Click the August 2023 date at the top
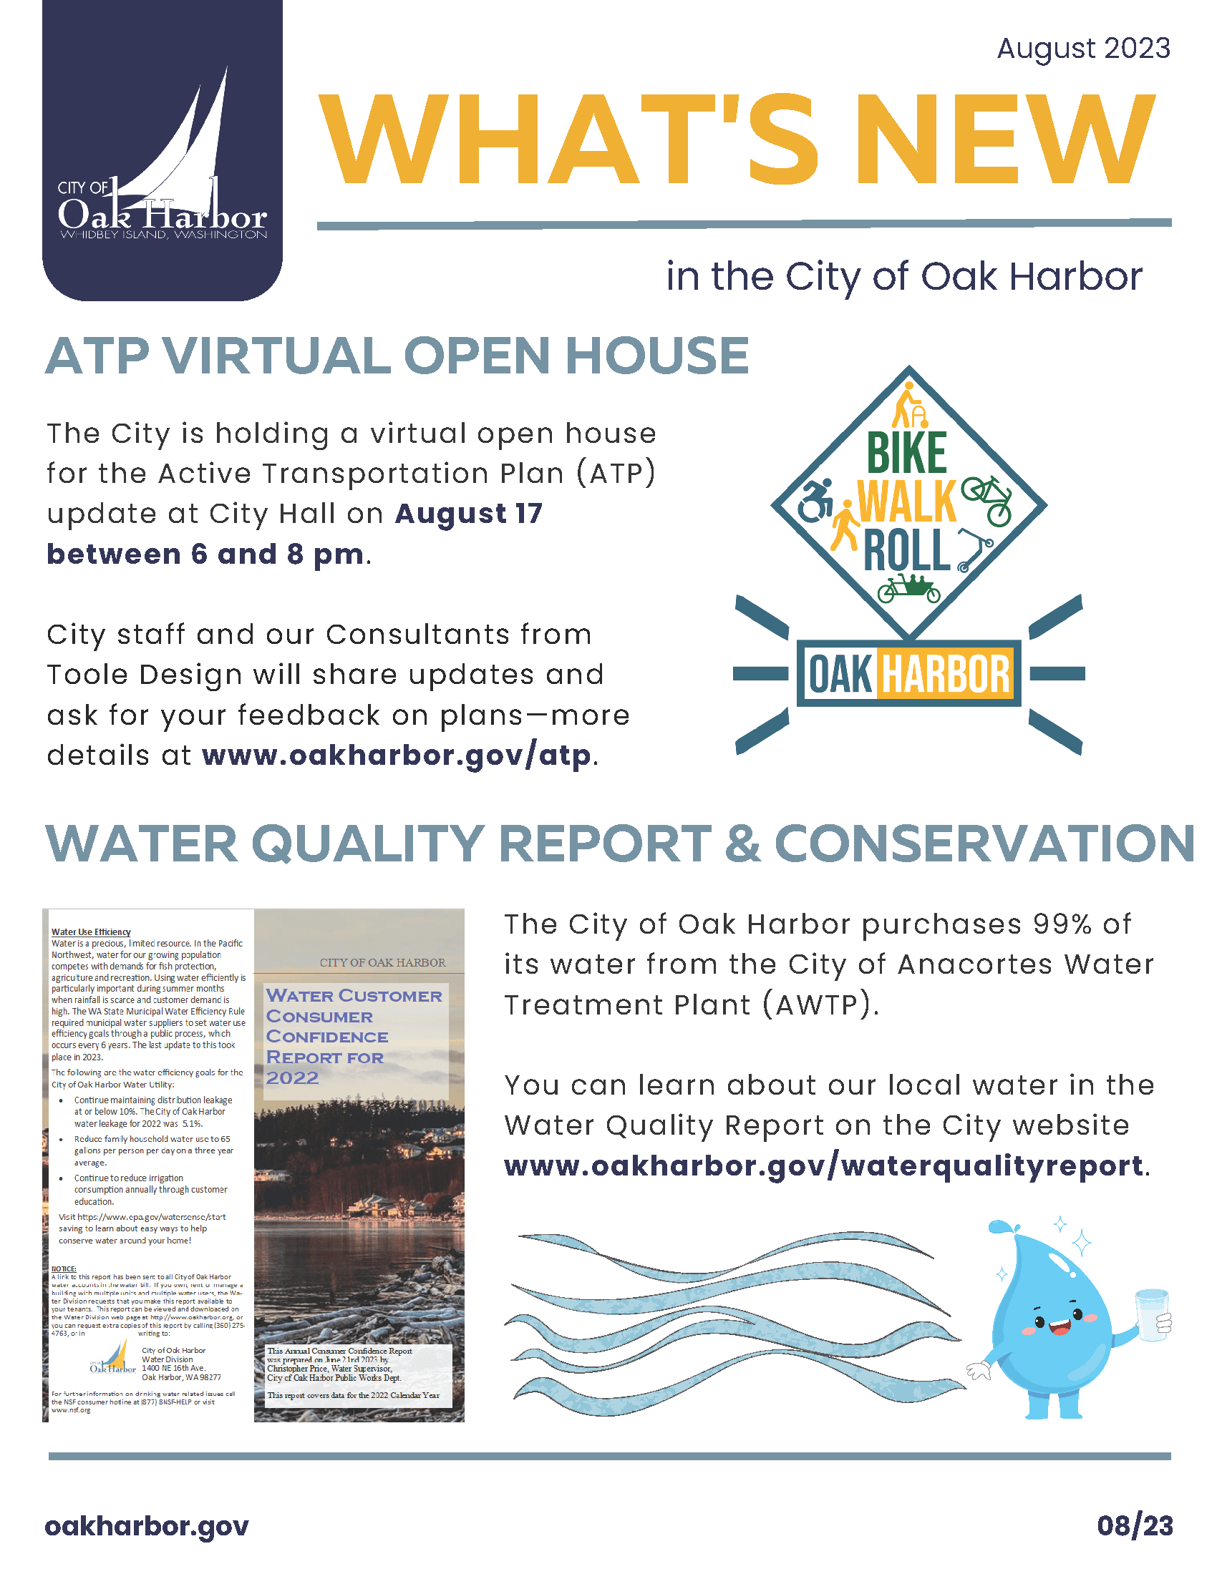tap(1083, 48)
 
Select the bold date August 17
tap(469, 514)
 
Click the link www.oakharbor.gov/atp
tap(397, 756)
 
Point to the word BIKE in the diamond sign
tap(906, 454)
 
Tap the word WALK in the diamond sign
tap(906, 502)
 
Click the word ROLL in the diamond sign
tap(906, 550)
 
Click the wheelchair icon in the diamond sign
tap(816, 500)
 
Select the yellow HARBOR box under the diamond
tap(945, 675)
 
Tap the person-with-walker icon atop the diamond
tap(908, 406)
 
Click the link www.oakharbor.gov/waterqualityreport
tap(823, 1165)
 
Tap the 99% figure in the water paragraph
tap(1062, 924)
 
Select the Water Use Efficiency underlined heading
tap(91, 932)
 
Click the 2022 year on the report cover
tap(292, 1078)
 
